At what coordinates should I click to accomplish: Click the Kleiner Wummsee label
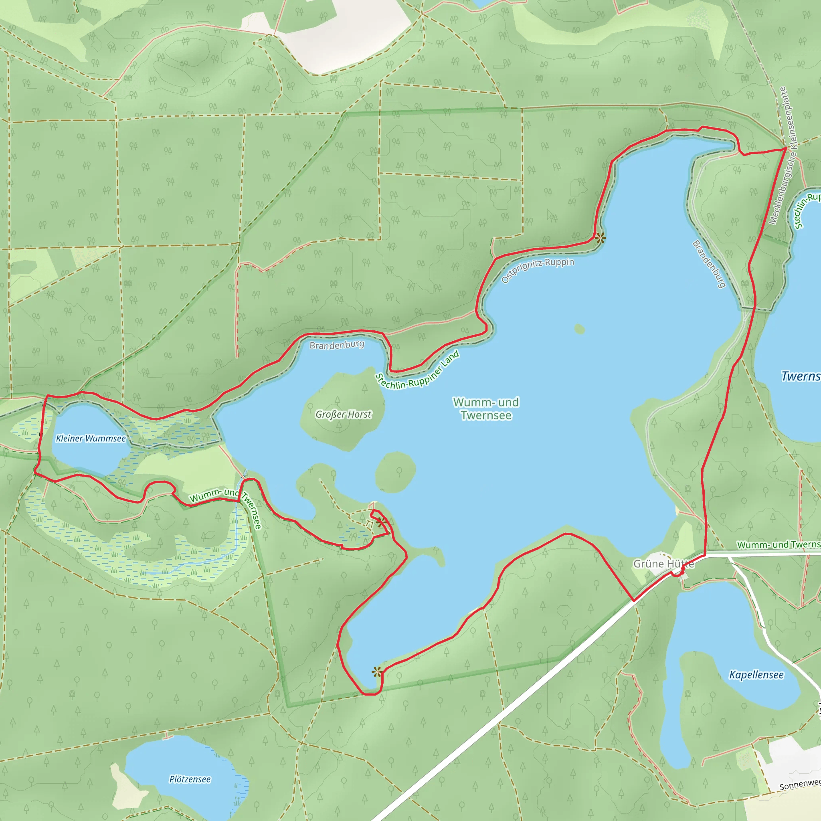coord(91,439)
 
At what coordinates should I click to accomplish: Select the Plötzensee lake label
coord(190,779)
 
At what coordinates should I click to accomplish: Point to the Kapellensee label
coord(756,675)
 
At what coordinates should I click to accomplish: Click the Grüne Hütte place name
coord(663,564)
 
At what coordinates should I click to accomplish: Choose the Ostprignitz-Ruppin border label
coord(538,270)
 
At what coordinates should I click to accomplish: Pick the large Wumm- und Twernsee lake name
coord(486,408)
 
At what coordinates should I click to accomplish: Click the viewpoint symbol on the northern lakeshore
coord(600,238)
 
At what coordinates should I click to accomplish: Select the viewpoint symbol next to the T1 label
coord(381,522)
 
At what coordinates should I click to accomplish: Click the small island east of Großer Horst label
coord(395,472)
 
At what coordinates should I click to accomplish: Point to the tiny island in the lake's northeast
coord(579,329)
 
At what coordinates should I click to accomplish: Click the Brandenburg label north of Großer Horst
coord(337,345)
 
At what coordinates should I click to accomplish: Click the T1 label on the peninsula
coord(369,524)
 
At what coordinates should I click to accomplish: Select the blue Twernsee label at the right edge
coord(801,376)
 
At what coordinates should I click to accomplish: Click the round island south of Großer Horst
coord(395,472)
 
